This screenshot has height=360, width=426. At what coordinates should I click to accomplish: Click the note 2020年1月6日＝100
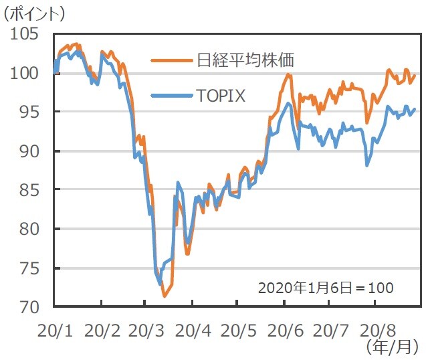point(326,288)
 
